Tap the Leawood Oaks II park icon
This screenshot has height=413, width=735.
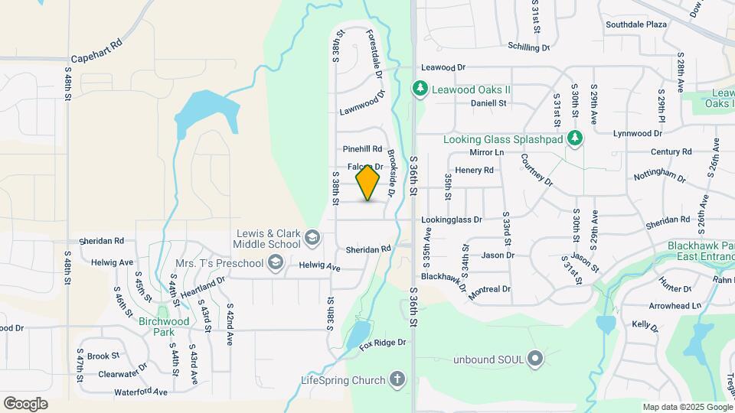click(420, 89)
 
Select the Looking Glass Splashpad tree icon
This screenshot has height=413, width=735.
click(576, 138)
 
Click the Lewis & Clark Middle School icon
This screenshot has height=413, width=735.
click(312, 239)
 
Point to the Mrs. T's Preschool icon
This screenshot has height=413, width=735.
click(274, 264)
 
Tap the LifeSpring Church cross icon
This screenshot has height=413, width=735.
click(397, 379)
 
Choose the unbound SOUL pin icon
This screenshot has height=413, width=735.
click(535, 358)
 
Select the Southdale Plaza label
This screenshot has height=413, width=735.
click(636, 24)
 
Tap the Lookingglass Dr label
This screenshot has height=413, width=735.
click(452, 220)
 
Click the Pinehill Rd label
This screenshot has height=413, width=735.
click(362, 148)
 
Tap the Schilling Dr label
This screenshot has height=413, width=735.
click(528, 47)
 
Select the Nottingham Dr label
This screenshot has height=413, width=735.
click(659, 176)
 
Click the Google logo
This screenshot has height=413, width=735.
click(26, 403)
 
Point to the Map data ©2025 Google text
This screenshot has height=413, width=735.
click(687, 407)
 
